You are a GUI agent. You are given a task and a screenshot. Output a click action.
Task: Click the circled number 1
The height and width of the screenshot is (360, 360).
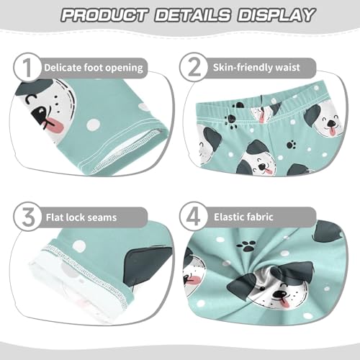tap(26, 68)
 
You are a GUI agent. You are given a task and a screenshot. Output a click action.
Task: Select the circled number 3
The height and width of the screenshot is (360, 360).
tap(26, 215)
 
